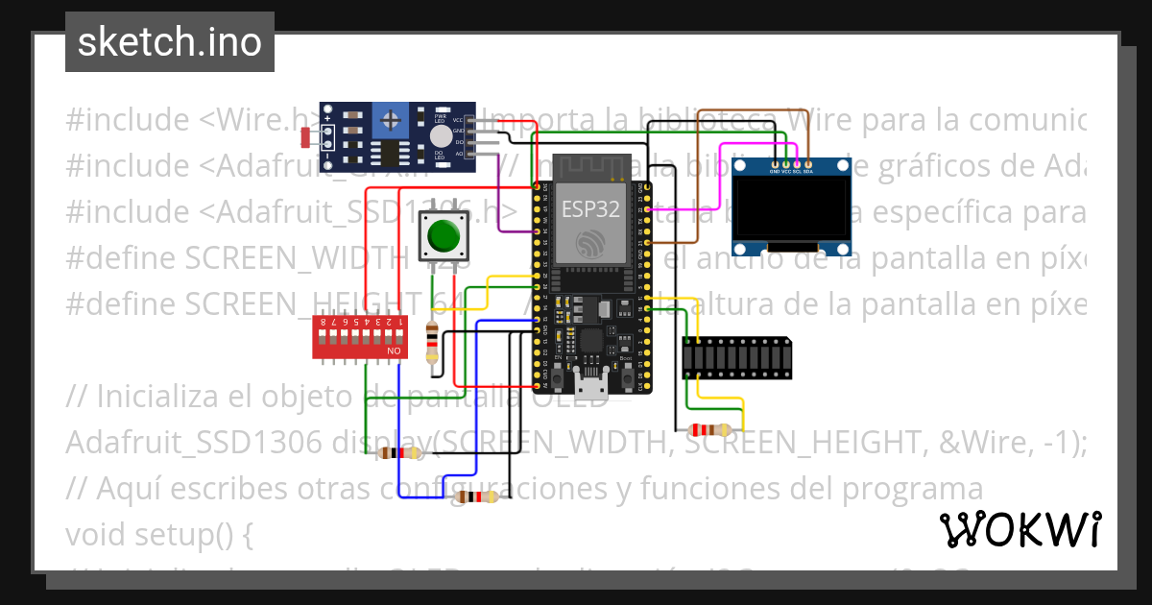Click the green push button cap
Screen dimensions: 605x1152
click(x=443, y=234)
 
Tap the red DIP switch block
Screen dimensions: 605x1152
click(x=358, y=338)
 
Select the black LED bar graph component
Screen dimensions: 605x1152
click(x=737, y=358)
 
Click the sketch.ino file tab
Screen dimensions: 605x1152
click(x=170, y=42)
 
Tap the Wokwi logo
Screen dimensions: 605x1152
click(x=1020, y=529)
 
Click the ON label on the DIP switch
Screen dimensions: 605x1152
click(x=394, y=352)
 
